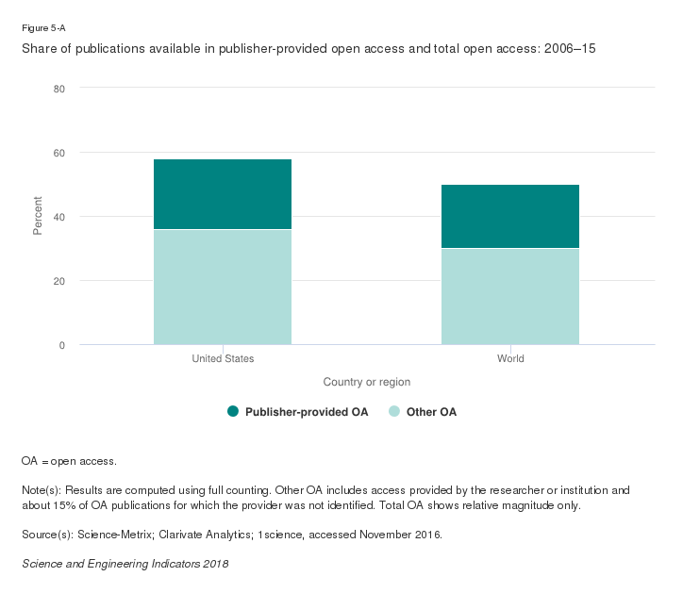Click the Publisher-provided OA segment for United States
pyautogui.click(x=223, y=194)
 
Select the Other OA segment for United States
pyautogui.click(x=223, y=287)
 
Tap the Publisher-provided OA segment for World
pyautogui.click(x=510, y=216)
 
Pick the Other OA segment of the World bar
pyautogui.click(x=510, y=296)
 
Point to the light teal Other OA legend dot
pyautogui.click(x=394, y=412)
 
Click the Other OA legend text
pyautogui.click(x=431, y=412)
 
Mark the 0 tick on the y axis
pyautogui.click(x=61, y=345)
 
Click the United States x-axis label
pyautogui.click(x=223, y=359)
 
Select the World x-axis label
pyautogui.click(x=510, y=359)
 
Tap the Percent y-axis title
pyautogui.click(x=39, y=216)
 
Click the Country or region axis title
pyautogui.click(x=366, y=382)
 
